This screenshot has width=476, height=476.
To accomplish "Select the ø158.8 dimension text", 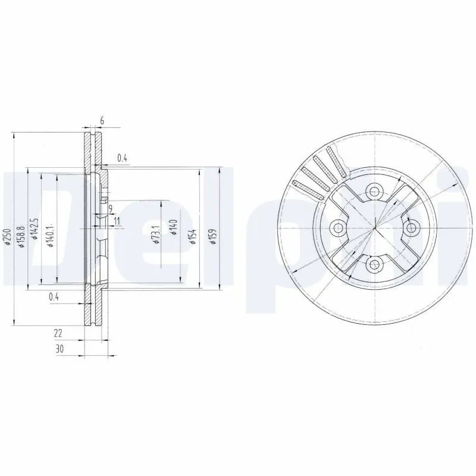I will click(x=21, y=236).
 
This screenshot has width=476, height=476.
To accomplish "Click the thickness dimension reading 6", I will click(x=102, y=121).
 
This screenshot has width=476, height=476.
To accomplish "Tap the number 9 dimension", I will click(x=111, y=208).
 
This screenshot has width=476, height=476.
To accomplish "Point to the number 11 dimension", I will click(x=117, y=221).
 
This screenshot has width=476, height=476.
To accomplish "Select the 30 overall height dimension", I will click(x=58, y=349).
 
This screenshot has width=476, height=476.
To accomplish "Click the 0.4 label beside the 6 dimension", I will click(x=122, y=158).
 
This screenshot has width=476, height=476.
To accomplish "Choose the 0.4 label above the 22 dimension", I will click(x=54, y=297).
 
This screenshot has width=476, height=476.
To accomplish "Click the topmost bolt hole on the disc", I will click(x=374, y=191).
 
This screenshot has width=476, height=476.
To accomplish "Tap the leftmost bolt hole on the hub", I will click(x=337, y=227).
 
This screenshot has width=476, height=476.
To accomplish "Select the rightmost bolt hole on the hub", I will click(x=411, y=227).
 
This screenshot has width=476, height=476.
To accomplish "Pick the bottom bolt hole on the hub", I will click(x=374, y=264).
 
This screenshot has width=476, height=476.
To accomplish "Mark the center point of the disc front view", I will click(x=374, y=227).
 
